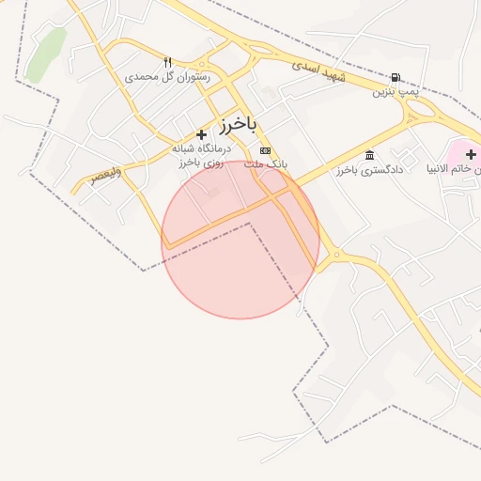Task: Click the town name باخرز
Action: pyautogui.click(x=239, y=124)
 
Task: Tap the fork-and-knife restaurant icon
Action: pyautogui.click(x=168, y=62)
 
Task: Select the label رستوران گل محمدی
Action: pyautogui.click(x=167, y=76)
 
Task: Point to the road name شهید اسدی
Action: pyautogui.click(x=318, y=70)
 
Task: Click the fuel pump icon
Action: pyautogui.click(x=396, y=78)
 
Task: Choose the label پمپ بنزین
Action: pyautogui.click(x=394, y=91)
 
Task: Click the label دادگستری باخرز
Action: pyautogui.click(x=369, y=170)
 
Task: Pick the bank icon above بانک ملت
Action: pyautogui.click(x=265, y=150)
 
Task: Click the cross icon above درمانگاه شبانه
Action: pyautogui.click(x=201, y=135)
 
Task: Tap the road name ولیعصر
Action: pyautogui.click(x=105, y=176)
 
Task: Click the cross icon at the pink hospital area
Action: pyautogui.click(x=471, y=153)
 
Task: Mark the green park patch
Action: pyautogui.click(x=46, y=54)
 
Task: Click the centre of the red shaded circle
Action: pyautogui.click(x=240, y=240)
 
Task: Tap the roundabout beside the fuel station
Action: pyautogui.click(x=422, y=109)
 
